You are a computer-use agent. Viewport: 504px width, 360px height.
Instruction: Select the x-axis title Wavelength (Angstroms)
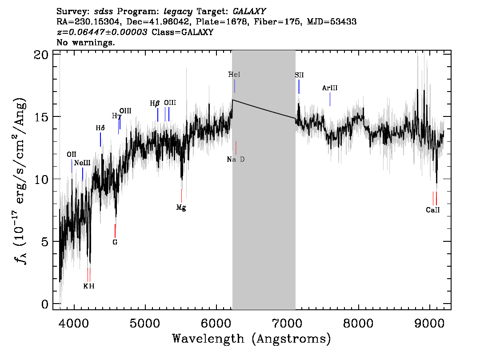tap(252, 339)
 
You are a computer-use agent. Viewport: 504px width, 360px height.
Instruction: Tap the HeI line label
tap(234, 75)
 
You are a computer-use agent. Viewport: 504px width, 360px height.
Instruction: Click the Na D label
tap(236, 160)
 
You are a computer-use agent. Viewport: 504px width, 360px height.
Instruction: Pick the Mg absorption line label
tap(181, 208)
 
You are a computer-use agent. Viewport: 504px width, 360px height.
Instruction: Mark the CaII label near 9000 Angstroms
tap(432, 210)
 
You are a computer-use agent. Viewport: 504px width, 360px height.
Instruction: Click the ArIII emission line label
tap(330, 88)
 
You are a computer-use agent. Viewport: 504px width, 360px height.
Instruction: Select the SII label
tap(299, 76)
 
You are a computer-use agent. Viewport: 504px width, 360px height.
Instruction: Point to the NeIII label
tap(82, 163)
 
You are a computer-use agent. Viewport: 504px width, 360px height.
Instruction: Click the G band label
tap(115, 243)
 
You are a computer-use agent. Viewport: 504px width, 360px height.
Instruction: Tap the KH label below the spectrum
tap(89, 286)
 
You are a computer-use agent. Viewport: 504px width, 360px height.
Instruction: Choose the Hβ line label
tap(155, 103)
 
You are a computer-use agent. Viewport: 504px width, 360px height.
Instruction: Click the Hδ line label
tap(100, 128)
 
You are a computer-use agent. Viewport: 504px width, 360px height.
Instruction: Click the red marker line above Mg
tap(181, 196)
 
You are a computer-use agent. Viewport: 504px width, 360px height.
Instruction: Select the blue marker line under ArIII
tap(330, 100)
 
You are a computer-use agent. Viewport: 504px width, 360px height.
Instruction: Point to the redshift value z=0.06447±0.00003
tap(102, 32)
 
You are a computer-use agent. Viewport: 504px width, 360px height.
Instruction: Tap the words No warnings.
tap(86, 43)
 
